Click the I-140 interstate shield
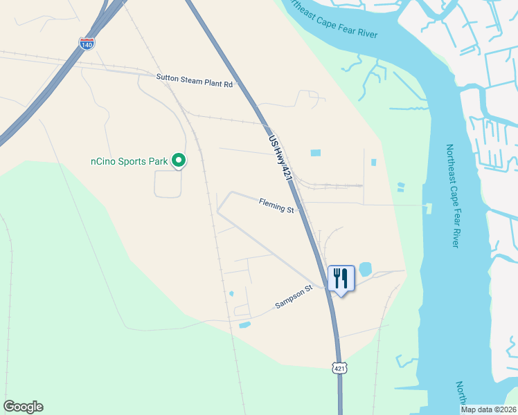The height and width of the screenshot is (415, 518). (x=87, y=43)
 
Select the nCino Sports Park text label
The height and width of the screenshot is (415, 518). (x=129, y=161)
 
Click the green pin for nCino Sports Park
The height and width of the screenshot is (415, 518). (x=179, y=160)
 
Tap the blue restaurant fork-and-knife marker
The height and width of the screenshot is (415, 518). (x=341, y=279)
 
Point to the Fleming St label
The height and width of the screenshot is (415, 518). (x=276, y=204)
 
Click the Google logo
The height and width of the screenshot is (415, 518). (x=23, y=407)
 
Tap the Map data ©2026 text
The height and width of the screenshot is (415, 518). (x=488, y=409)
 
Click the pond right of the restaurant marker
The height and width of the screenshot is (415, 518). (x=365, y=268)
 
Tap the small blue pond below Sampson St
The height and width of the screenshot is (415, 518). (x=244, y=324)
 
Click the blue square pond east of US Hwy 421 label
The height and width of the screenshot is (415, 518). (x=316, y=152)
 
